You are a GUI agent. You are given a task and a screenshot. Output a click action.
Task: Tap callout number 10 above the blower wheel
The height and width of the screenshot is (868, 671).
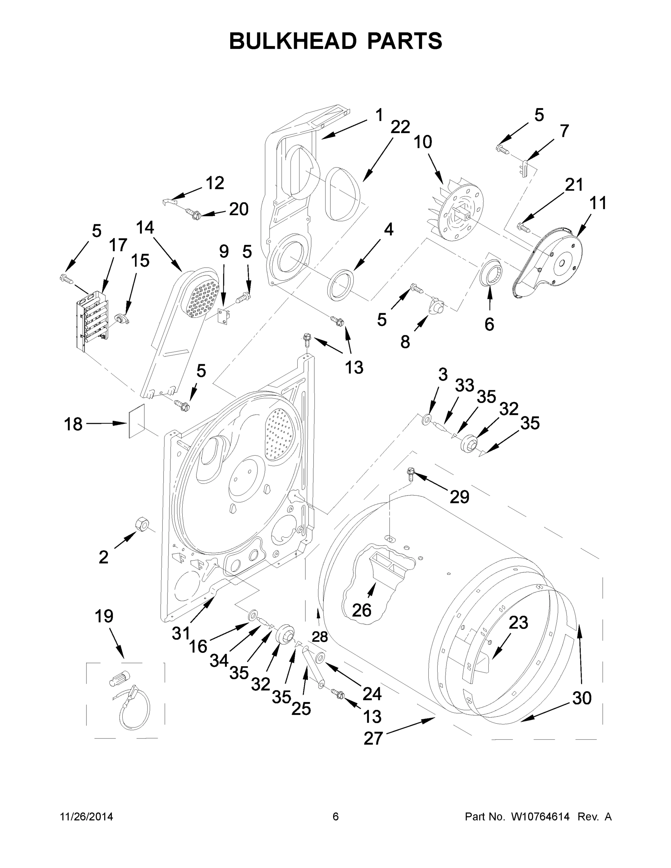pos(422,142)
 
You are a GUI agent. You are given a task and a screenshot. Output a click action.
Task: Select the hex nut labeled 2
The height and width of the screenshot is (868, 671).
pos(142,524)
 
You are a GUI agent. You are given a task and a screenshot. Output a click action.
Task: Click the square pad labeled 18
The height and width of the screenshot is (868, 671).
pos(136,421)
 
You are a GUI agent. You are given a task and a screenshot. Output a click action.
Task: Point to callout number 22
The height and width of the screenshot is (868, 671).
pos(400,127)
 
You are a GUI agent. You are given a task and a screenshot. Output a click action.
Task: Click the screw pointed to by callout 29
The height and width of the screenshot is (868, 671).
pos(411,473)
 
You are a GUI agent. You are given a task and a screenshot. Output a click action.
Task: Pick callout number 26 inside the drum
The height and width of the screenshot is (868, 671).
pos(361,610)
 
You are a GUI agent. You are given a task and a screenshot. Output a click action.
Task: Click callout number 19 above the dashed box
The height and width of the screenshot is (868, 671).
pos(104,616)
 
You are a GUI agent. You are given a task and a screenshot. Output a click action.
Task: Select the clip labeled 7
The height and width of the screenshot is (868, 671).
pos(525,166)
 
